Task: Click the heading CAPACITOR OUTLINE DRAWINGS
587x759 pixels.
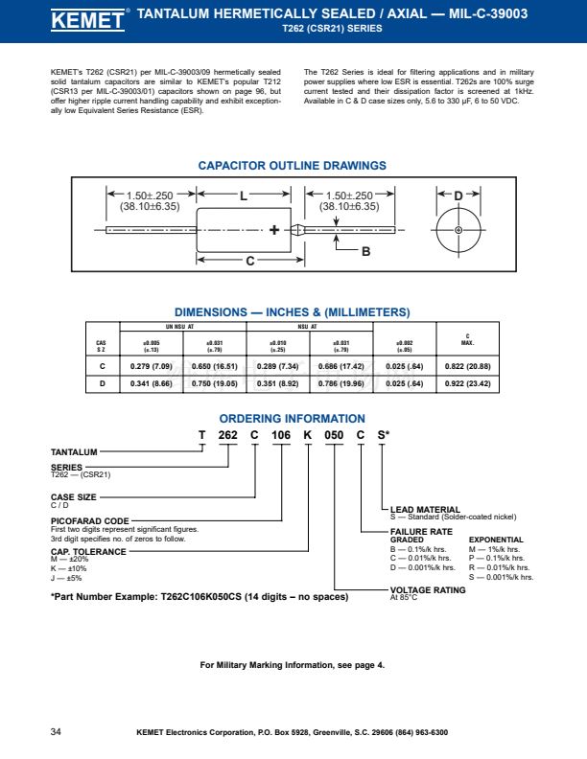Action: pos(292,166)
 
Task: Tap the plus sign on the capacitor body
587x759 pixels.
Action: pos(275,230)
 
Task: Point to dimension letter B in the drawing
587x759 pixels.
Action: pos(365,251)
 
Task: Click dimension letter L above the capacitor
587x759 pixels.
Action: pos(244,195)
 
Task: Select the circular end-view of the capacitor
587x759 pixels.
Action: pos(458,230)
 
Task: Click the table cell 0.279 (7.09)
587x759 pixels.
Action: pos(151,366)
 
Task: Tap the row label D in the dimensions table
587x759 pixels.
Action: pos(102,383)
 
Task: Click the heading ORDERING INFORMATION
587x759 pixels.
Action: pos(292,419)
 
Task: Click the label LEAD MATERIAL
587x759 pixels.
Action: pos(425,509)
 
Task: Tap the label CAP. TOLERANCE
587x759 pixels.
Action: pos(88,552)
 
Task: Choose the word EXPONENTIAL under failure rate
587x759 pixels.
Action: pos(496,540)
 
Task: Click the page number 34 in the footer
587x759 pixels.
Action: pos(56,732)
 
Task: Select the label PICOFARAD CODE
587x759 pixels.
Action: pos(90,520)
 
